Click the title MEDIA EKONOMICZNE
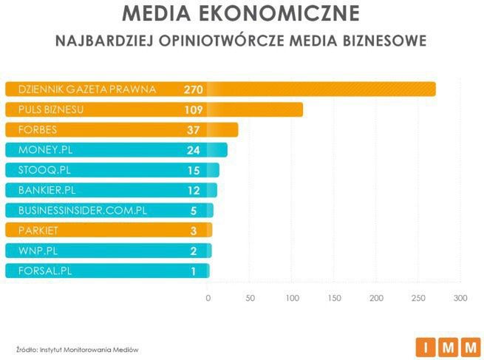coord(241,13)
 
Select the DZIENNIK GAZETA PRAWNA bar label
coord(86,89)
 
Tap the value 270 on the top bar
coord(194,89)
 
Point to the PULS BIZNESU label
coord(50,109)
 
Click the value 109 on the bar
coord(194,110)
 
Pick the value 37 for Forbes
coord(194,130)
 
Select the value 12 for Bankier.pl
coord(194,191)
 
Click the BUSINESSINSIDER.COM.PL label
coord(82,211)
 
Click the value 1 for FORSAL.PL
coord(194,271)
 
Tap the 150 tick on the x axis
coord(335,298)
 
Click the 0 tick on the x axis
coord(208,298)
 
